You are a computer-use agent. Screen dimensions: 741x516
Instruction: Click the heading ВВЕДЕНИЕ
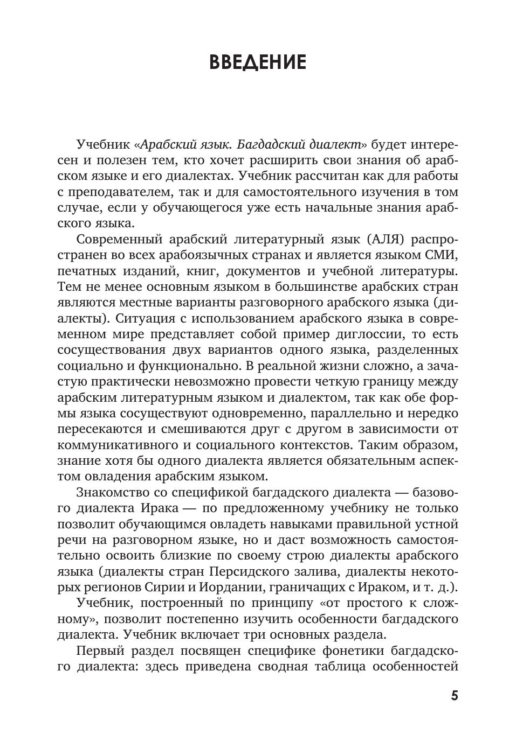click(258, 62)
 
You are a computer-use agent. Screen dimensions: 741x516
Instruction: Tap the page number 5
click(455, 695)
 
